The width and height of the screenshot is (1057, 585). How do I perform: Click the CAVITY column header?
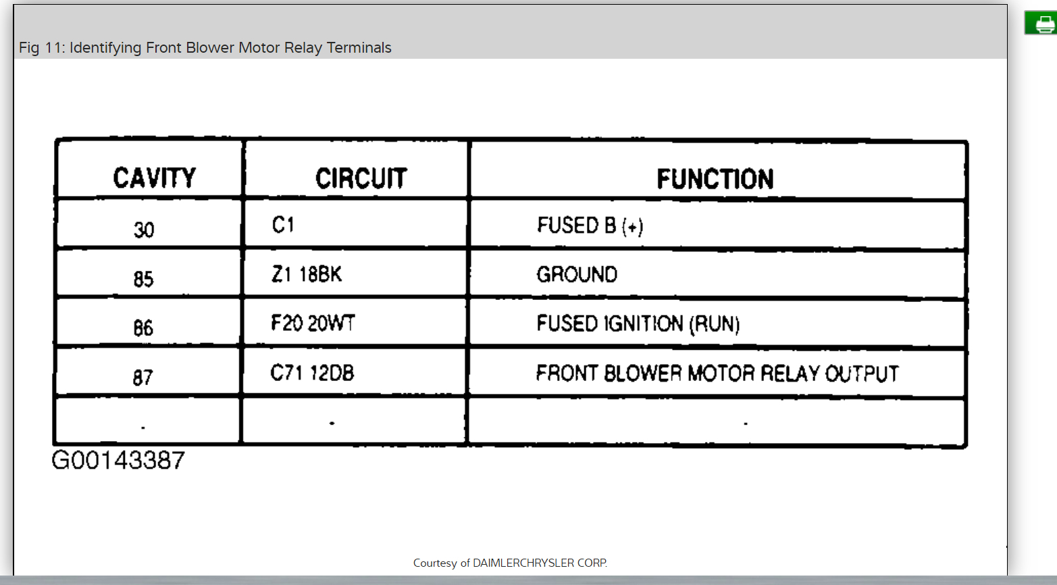(x=154, y=178)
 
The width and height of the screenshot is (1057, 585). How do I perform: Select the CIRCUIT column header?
(x=361, y=179)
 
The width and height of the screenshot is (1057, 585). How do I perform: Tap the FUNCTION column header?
(x=715, y=180)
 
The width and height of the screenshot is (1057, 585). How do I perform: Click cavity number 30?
(x=144, y=230)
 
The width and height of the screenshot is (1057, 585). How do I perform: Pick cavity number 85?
(x=143, y=279)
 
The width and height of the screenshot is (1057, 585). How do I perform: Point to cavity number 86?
(x=143, y=328)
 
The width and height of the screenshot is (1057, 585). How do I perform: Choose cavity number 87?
(x=143, y=377)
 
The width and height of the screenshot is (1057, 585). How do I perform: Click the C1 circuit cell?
(x=283, y=224)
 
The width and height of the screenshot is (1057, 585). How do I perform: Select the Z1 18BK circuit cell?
(x=307, y=274)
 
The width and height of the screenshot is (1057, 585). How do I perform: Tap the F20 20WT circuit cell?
(x=313, y=324)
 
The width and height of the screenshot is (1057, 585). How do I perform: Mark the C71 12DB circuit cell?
(x=312, y=373)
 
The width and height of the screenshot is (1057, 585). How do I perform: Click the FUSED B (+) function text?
(x=590, y=226)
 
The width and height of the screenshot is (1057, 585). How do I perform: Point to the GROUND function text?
(x=577, y=274)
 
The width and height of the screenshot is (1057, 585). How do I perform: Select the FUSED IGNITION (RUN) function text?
(x=638, y=324)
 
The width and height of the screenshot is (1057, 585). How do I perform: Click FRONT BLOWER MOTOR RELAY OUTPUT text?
(x=717, y=374)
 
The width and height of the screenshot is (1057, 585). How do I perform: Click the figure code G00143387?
(x=118, y=461)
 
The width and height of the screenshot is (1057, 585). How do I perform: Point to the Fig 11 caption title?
(x=205, y=48)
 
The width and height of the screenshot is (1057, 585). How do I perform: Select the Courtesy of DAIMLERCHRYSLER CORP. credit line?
(x=510, y=563)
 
